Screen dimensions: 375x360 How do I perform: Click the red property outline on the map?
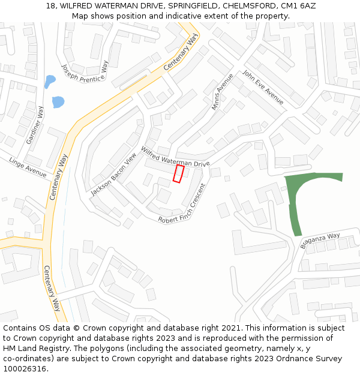coord(178,173)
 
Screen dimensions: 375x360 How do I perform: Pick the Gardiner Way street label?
coord(35,125)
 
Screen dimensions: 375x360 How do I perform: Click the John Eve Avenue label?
coord(263,87)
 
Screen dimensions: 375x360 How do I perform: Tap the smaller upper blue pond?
coord(50,80)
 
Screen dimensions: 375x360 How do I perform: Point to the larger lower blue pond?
coord(58,102)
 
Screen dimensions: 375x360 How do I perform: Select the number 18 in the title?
coord(50,6)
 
